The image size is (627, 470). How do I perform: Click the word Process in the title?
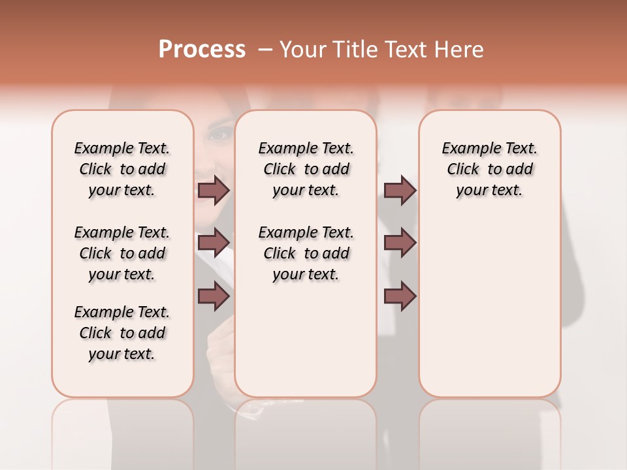pos(202,49)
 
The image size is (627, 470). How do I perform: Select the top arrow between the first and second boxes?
pos(214,190)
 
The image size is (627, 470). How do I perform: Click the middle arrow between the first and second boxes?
pos(214,243)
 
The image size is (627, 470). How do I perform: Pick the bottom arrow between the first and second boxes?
pos(214,296)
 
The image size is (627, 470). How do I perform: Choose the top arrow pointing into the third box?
pos(400,190)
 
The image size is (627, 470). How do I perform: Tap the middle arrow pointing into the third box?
pos(400,243)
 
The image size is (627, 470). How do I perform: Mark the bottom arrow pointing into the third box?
pos(400,296)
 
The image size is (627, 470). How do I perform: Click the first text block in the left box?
pos(122,169)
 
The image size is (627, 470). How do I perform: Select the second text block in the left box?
pos(122,253)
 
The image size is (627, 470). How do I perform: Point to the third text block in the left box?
pos(122,333)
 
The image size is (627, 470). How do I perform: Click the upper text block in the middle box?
pos(306,169)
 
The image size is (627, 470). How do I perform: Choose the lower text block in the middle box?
pos(306,253)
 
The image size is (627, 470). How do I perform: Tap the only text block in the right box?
pos(489,169)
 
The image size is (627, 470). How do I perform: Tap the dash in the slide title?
pos(265,50)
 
